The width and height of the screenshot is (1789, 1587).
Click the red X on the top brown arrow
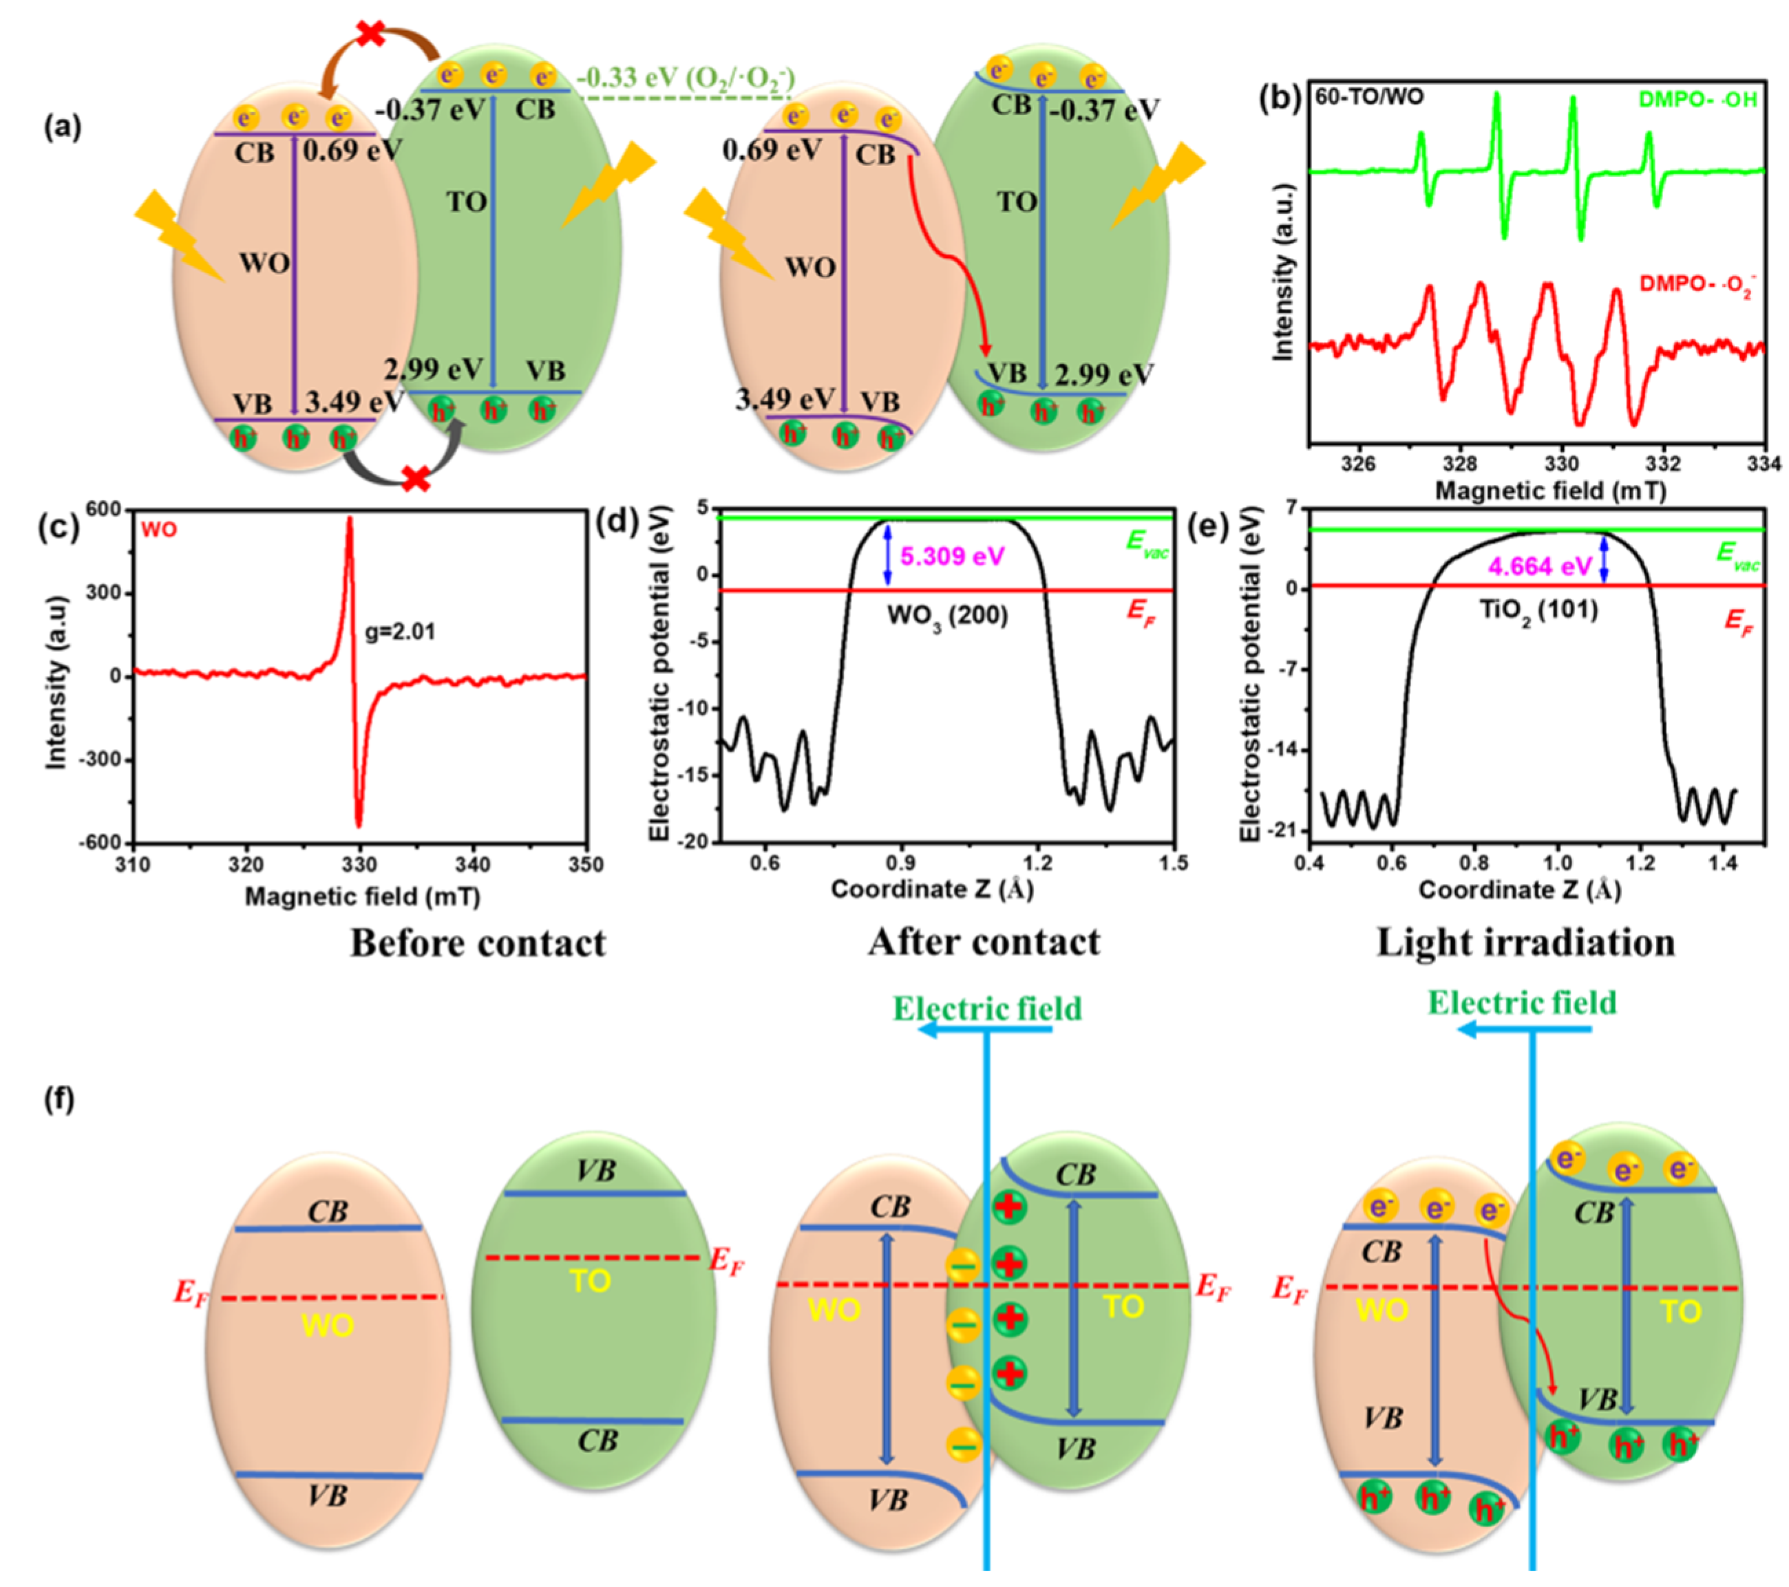pos(372,35)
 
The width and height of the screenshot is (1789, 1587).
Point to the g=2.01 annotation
pos(400,631)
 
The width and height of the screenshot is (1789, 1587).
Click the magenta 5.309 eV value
pos(952,557)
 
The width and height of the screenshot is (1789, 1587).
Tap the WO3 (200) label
pos(948,616)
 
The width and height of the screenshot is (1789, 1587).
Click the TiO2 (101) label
pos(1538,609)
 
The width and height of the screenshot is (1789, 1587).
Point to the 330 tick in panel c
pos(359,865)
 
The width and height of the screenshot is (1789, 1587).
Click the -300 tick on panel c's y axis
pos(100,759)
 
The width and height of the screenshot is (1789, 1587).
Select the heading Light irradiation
pos(1525,943)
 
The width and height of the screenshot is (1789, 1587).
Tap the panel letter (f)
pos(59,1100)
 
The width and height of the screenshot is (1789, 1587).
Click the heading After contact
pos(984,943)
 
